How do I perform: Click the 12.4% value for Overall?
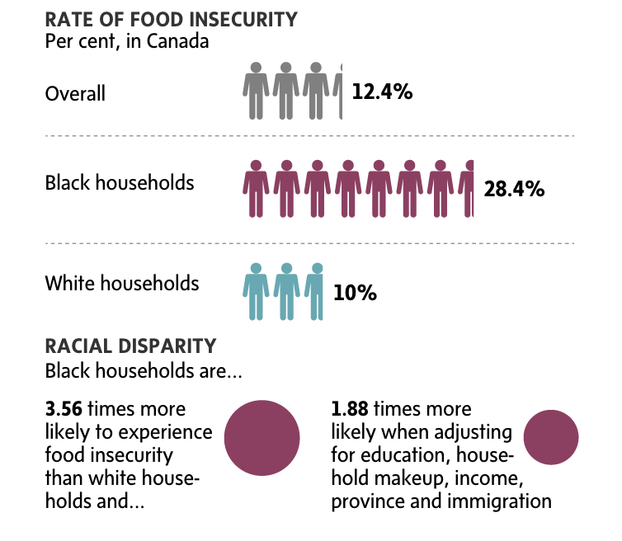382,92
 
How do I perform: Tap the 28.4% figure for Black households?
514,189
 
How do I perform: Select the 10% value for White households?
356,293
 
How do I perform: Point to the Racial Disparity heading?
131,346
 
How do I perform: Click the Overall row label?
75,93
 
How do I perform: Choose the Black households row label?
120,182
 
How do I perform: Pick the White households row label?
122,284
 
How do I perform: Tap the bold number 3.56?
64,409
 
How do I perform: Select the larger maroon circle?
262,437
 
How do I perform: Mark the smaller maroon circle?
551,437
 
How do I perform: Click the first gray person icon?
256,91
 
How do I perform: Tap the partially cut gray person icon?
337,91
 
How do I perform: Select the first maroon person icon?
256,189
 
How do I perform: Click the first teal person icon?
256,291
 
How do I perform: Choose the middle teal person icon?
286,291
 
